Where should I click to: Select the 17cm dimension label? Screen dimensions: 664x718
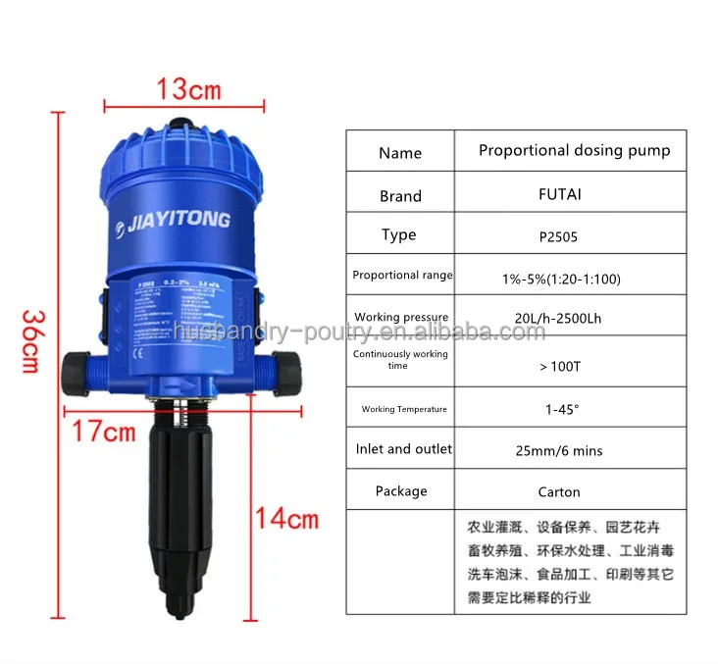coord(102,430)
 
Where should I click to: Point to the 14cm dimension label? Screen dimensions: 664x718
coord(287,517)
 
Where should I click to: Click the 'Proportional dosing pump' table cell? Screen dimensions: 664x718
coord(574,151)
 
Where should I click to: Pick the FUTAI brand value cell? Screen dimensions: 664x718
coord(559,194)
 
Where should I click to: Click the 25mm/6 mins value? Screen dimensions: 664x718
coord(559,451)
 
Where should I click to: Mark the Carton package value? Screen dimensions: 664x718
coord(559,492)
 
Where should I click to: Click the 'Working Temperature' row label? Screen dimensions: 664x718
coord(403,409)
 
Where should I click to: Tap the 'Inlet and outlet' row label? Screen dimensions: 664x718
coord(403,449)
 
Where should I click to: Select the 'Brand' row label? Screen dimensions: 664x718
coord(400,196)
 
